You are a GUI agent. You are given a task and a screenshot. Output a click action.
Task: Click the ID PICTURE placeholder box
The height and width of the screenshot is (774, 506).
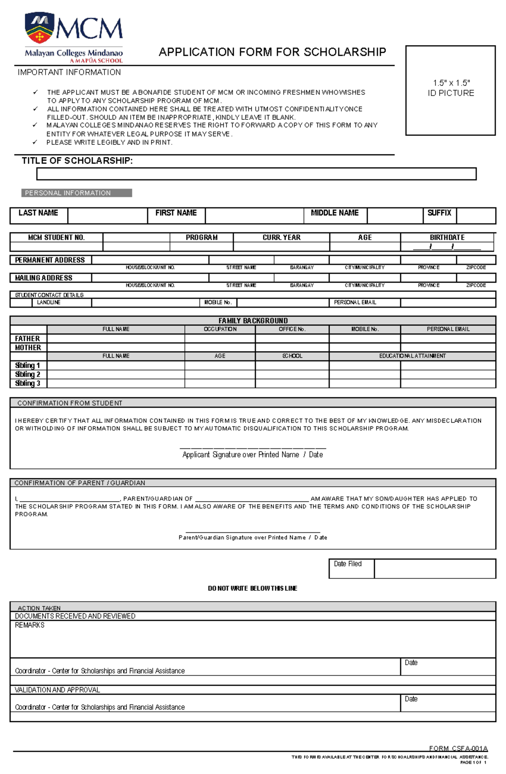click(450, 90)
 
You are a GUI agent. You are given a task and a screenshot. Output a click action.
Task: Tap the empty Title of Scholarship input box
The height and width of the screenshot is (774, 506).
click(256, 174)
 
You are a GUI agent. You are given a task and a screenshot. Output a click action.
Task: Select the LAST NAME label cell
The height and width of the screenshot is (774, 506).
click(38, 213)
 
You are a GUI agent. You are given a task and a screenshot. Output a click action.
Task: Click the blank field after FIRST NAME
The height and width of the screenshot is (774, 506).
click(254, 216)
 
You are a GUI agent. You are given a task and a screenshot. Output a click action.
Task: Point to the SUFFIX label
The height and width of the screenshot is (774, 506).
click(439, 213)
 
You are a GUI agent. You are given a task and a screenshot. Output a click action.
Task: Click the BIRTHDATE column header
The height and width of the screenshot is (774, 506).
click(447, 237)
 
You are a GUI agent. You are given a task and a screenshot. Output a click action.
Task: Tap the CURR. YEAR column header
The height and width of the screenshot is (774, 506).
click(281, 237)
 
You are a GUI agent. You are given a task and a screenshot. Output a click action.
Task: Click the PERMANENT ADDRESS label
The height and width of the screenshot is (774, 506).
click(50, 260)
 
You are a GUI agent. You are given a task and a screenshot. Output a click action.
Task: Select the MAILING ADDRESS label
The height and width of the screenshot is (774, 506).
click(44, 278)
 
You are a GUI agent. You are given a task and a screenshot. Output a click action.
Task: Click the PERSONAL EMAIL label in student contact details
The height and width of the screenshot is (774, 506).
click(355, 302)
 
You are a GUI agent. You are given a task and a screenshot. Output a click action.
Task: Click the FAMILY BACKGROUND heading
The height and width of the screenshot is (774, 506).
click(253, 321)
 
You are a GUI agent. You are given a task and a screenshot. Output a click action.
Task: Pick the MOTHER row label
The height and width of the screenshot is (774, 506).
click(28, 348)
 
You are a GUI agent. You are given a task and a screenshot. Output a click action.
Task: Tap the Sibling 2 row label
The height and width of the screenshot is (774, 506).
click(28, 374)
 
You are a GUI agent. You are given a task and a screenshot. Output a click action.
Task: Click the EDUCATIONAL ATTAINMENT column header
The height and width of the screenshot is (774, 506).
click(412, 356)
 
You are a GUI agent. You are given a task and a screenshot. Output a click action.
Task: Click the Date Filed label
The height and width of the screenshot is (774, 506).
click(348, 564)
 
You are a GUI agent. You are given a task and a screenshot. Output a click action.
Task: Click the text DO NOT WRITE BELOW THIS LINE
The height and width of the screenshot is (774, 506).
click(253, 588)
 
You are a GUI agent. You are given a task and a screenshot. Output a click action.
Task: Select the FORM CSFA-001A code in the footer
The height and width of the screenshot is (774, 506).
click(458, 748)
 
